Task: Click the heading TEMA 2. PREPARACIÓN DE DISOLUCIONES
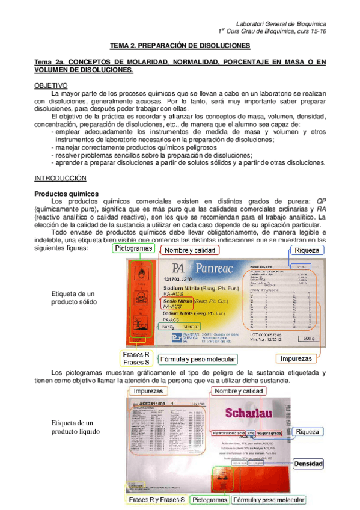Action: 180,46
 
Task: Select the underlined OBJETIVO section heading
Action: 50,86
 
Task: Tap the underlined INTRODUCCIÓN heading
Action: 61,179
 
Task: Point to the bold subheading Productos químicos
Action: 66,194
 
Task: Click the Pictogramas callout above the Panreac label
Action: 135,248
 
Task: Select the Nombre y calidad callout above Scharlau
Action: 239,391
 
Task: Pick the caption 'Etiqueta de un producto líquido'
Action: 73,428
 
